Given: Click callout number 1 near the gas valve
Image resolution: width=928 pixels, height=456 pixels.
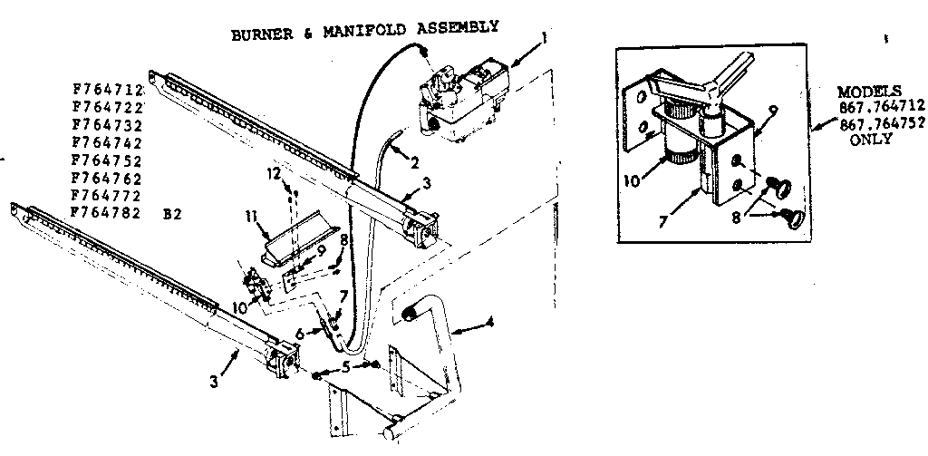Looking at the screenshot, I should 545,37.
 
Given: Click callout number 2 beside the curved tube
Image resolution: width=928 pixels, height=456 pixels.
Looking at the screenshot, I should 415,163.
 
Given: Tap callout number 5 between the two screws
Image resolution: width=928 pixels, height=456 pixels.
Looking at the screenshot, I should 345,368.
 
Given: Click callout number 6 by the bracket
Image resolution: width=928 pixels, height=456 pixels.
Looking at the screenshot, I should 313,333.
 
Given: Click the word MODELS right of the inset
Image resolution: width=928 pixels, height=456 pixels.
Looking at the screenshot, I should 868,92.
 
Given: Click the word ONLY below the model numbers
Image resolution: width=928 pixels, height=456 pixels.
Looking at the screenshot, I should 870,141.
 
